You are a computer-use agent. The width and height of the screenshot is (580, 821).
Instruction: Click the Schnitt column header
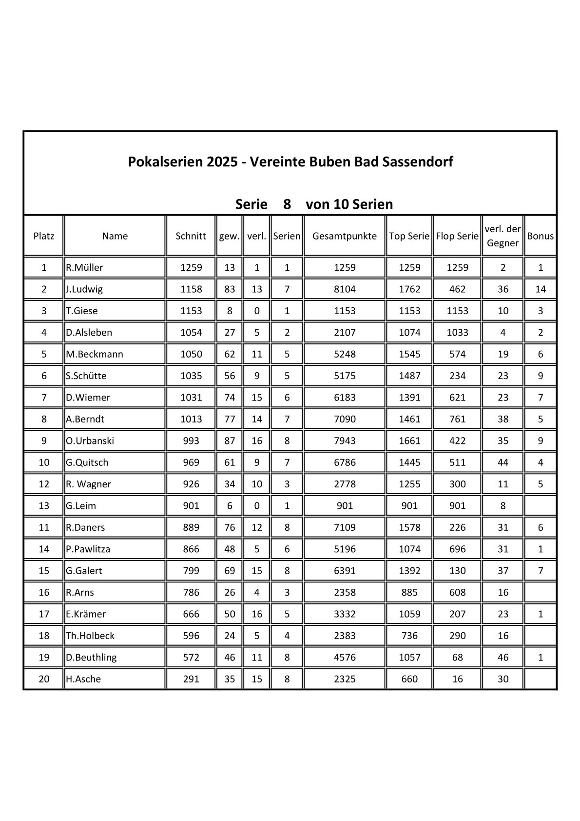click(191, 236)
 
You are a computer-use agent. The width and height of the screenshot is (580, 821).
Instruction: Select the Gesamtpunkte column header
click(344, 236)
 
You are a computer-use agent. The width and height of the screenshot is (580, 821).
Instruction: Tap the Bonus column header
click(540, 236)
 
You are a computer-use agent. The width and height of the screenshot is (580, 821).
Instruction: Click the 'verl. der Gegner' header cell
click(503, 236)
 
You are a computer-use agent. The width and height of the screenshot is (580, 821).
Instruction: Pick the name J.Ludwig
click(84, 289)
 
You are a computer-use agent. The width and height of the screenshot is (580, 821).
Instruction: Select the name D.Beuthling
click(91, 658)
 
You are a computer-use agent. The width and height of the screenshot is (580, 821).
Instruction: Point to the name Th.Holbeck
click(90, 636)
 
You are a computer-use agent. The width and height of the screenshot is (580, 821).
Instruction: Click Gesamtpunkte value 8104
click(345, 289)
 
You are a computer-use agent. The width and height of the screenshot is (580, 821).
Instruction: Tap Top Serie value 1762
click(409, 289)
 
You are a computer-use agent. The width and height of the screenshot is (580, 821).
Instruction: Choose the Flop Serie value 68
click(457, 658)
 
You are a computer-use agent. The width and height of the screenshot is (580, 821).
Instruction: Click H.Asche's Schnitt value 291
click(191, 679)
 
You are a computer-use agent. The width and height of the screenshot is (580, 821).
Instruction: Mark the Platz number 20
click(44, 679)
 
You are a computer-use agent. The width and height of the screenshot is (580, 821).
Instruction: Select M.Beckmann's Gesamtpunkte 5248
click(345, 354)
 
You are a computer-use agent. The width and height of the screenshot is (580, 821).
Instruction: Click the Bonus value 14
click(540, 289)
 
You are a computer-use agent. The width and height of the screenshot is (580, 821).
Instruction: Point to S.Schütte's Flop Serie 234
click(457, 376)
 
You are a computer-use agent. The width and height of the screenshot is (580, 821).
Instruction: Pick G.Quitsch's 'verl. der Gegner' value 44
click(503, 462)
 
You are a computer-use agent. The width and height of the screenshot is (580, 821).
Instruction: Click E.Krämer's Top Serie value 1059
click(409, 614)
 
